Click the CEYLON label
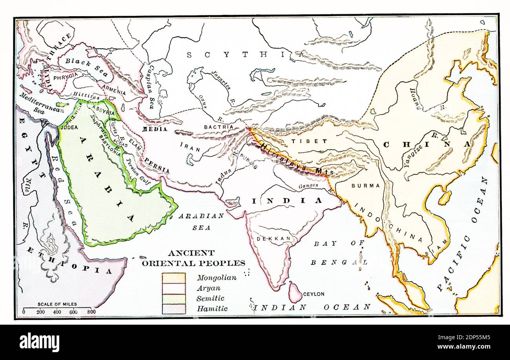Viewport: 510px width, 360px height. pyautogui.click(x=313, y=294)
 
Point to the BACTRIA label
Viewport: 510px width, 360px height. pyautogui.click(x=219, y=127)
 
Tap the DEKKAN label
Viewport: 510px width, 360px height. pyautogui.click(x=268, y=238)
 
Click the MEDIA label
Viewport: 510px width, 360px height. pyautogui.click(x=155, y=129)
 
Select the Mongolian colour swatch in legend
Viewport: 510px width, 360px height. pyautogui.click(x=174, y=278)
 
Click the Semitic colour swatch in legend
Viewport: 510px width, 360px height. pyautogui.click(x=174, y=299)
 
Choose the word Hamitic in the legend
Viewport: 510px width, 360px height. pyautogui.click(x=212, y=309)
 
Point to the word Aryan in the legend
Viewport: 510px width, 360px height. pyautogui.click(x=208, y=288)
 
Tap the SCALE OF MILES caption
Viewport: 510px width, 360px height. pyautogui.click(x=57, y=304)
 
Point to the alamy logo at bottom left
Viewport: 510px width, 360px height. pyautogui.click(x=39, y=342)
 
